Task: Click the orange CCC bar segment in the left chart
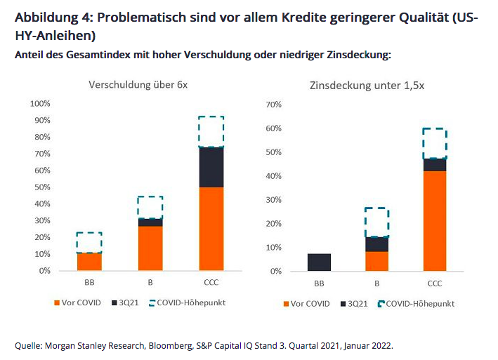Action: (211, 229)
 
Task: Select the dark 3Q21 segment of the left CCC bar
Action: (211, 167)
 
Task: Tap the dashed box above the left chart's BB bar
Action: (89, 243)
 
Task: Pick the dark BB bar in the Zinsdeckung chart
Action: (319, 262)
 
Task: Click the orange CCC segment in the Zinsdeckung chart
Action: (434, 221)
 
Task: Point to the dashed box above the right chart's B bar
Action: (376, 222)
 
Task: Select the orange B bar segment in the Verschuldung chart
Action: (150, 248)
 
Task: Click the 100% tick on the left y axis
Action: (39, 104)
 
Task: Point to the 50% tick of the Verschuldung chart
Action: (41, 187)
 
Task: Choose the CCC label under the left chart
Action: (211, 283)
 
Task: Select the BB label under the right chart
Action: (319, 284)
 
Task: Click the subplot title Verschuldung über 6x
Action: (138, 85)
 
